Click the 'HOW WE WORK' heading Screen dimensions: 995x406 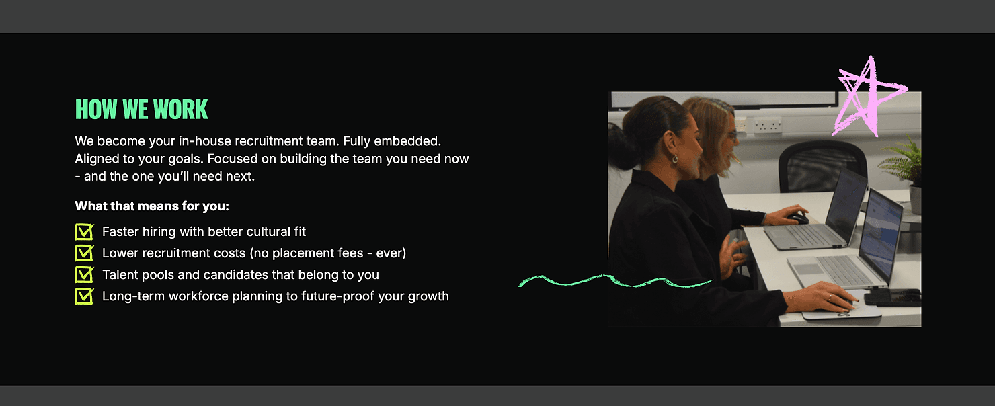pos(141,110)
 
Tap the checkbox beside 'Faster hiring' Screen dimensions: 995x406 pos(84,231)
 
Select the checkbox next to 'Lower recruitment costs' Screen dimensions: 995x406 pos(84,253)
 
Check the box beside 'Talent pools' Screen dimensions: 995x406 pos(84,274)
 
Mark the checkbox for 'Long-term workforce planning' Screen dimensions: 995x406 pos(84,296)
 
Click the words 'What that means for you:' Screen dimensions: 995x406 pos(152,206)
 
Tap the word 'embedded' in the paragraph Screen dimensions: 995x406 pos(407,140)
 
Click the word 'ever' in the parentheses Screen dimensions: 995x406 pos(389,253)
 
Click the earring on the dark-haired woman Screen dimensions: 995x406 pos(675,159)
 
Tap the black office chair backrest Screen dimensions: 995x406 pos(822,165)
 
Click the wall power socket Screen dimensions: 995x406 pos(768,124)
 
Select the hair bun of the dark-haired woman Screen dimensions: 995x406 pos(620,146)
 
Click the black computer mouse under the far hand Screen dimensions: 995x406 pos(798,218)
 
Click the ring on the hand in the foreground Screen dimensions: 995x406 pos(830,297)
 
